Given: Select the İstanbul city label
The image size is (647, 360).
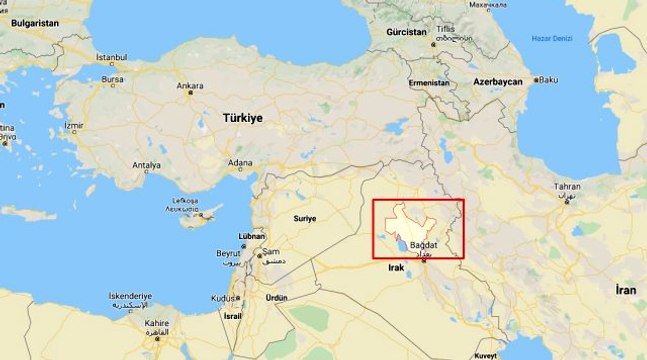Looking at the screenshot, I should [x=111, y=57].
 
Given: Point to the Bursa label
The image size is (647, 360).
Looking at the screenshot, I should [x=112, y=78].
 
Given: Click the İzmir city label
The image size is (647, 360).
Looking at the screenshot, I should [x=74, y=126].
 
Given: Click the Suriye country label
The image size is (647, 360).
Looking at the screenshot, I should [x=304, y=217].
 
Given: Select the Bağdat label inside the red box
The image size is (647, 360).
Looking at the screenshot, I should [x=425, y=246].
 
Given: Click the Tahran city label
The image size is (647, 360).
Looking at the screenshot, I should [x=567, y=187].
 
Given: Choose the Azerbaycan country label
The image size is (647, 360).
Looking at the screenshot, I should [x=498, y=80].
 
